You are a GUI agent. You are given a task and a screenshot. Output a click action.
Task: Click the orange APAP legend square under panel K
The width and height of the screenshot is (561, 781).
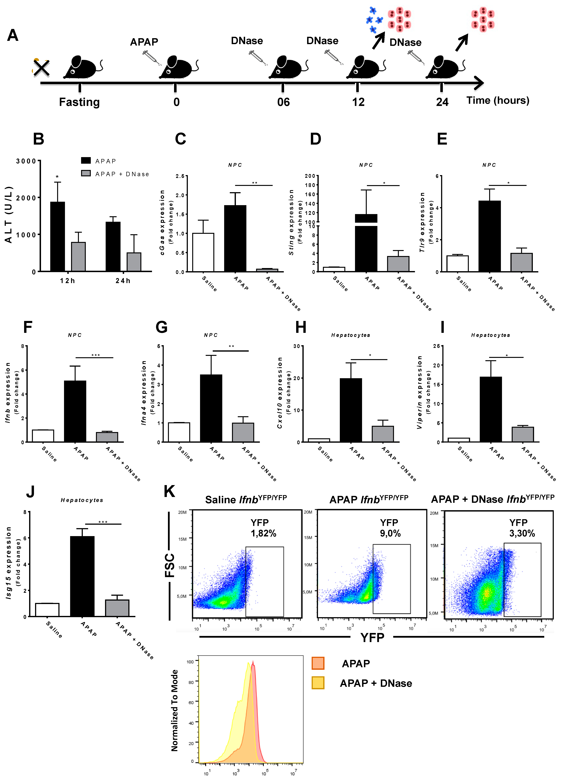318,663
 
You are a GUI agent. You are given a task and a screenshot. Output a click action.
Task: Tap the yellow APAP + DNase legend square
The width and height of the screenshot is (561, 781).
318,683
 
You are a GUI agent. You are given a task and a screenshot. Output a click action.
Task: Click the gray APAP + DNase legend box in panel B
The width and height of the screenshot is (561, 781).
86,173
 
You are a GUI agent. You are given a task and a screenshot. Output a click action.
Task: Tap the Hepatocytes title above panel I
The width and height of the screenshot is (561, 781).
490,335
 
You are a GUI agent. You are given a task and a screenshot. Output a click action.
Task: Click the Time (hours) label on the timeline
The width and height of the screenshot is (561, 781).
498,101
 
